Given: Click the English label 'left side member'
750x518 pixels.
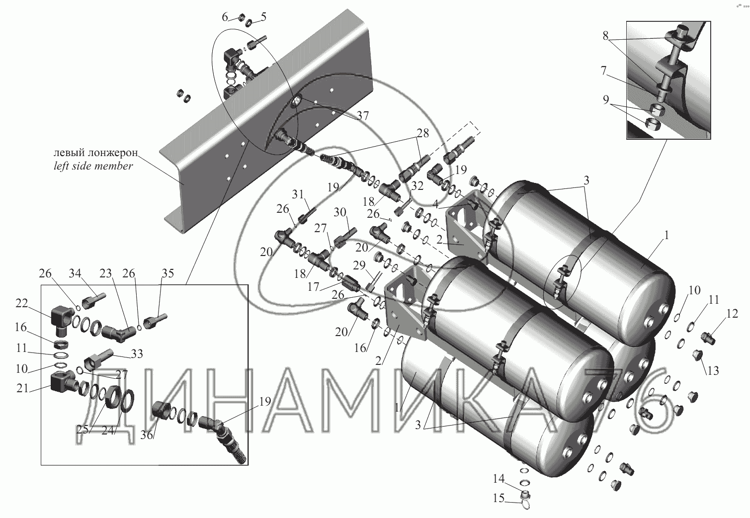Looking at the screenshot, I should coord(93,166).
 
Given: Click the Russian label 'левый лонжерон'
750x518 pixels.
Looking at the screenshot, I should coord(96,153).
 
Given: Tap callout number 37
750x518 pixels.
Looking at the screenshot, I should coord(362,115).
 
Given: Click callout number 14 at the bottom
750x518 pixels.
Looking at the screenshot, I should coord(499,479).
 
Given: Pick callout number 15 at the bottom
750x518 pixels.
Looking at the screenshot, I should coord(499,498).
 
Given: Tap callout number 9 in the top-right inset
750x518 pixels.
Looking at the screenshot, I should coord(605,99).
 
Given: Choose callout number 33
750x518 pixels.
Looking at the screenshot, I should coord(137,353).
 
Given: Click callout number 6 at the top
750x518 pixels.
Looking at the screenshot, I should coord(225,17).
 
